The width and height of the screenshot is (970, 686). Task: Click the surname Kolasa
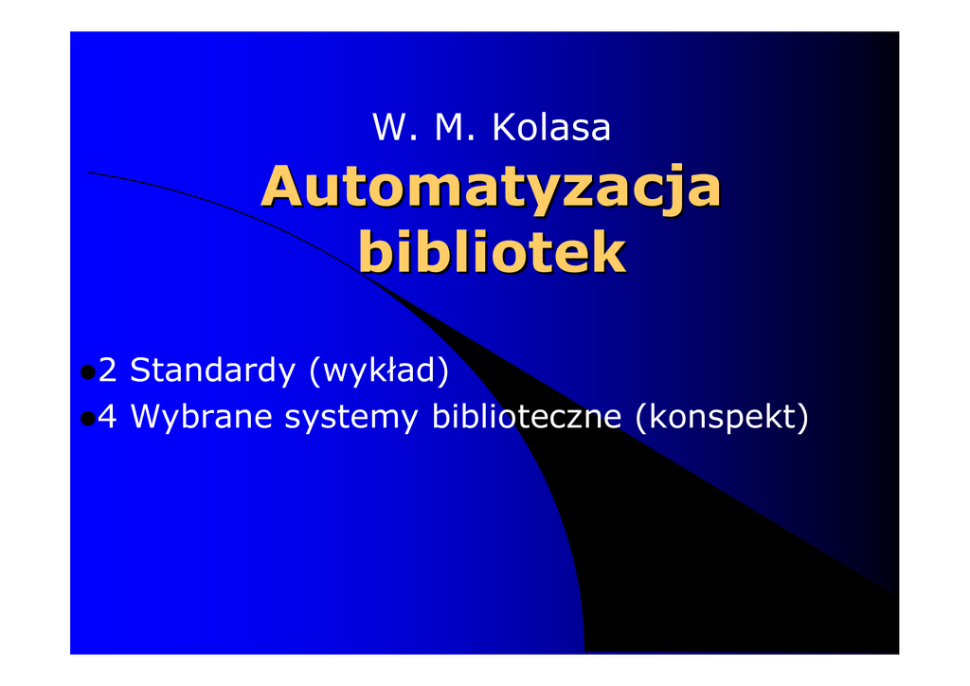coord(551,127)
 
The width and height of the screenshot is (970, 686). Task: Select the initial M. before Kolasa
coord(455,127)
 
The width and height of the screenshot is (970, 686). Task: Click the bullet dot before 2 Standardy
coord(88,371)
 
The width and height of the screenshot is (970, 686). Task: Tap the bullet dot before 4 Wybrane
coord(88,419)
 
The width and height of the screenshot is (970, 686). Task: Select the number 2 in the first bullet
coord(108,370)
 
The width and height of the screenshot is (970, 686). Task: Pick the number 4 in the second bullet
coord(108,416)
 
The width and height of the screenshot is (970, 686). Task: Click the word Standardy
coord(213,370)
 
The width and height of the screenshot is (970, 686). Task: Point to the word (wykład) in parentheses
coord(379,370)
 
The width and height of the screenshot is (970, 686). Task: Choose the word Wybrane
coord(202,416)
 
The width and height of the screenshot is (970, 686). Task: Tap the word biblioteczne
coord(527,416)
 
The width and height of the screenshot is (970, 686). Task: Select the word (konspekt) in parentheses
coord(722,417)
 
